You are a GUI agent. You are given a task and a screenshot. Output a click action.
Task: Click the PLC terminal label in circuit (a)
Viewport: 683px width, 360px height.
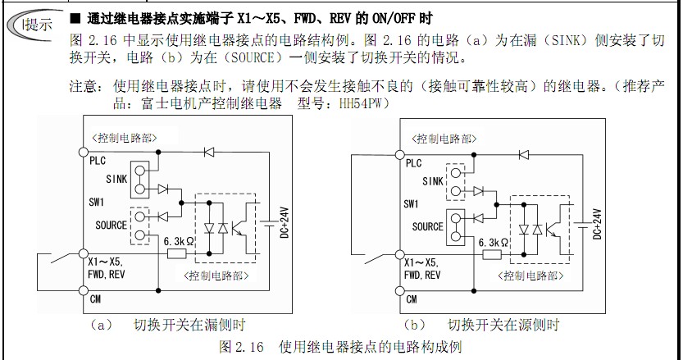[98, 162]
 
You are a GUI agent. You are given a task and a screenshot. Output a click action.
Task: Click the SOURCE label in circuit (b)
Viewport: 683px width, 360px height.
[427, 227]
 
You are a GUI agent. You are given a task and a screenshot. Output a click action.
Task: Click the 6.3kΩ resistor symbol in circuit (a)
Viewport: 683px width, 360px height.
[178, 254]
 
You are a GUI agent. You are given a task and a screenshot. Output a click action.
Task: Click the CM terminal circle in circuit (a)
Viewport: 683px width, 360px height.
[83, 298]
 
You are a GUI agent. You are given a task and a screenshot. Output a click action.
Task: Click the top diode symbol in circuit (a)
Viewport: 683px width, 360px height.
[208, 151]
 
